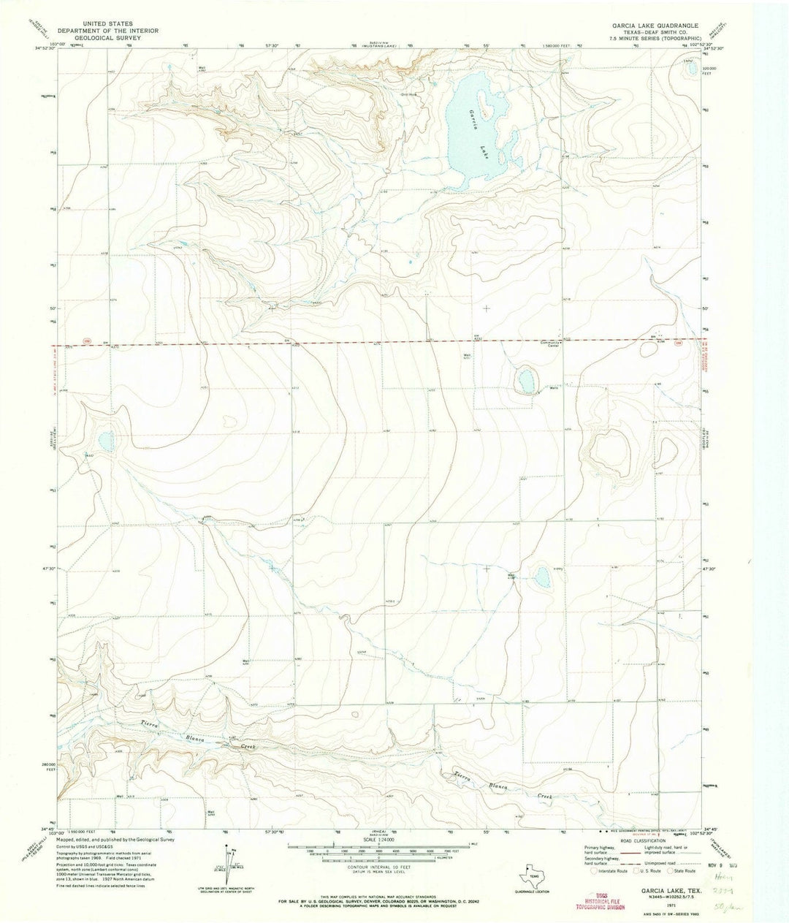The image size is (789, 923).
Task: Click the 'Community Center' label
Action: (x=550, y=344)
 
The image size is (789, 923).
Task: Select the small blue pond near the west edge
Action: (x=107, y=441)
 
